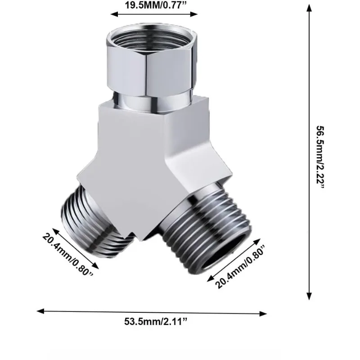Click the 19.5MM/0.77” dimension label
pyautogui.click(x=155, y=5)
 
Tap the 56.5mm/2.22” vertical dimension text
pyautogui.click(x=320, y=157)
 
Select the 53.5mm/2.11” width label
pyautogui.click(x=156, y=321)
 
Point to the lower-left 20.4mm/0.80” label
pyautogui.click(x=68, y=255)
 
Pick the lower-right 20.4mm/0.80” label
pyautogui.click(x=240, y=266)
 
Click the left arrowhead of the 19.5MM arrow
pyautogui.click(x=114, y=14)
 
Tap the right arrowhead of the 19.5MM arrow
pyautogui.click(x=194, y=14)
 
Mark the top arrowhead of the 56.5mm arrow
pyautogui.click(x=309, y=8)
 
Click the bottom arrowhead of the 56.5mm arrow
pyautogui.click(x=309, y=296)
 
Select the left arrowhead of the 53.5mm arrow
pyautogui.click(x=40, y=311)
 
